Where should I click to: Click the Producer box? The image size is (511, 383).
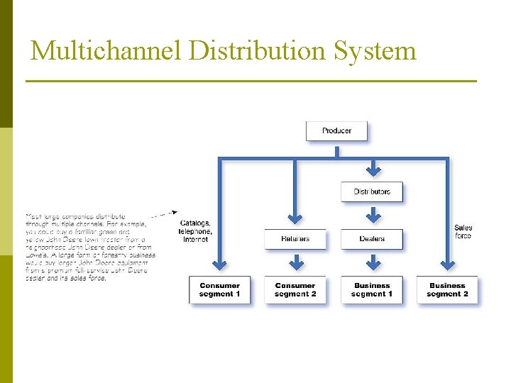336,131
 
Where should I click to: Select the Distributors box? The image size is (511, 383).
372,191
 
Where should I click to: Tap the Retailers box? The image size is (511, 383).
295,239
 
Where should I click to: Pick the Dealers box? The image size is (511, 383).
372,239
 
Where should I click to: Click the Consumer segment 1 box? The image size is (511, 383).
219,290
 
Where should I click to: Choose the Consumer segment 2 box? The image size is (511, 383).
295,290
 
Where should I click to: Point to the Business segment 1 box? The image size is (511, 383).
372,290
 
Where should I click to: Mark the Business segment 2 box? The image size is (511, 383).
448,290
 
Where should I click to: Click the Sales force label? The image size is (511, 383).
463,232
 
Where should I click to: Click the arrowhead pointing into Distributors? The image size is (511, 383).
373,171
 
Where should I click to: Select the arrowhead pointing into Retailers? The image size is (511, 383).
295,218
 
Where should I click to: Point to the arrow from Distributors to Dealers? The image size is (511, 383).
373,214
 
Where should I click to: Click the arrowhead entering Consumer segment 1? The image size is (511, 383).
220,266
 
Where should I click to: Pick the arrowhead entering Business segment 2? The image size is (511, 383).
449,266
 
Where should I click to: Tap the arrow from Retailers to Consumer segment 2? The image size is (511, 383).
295,262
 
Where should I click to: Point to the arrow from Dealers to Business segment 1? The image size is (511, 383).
373,262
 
